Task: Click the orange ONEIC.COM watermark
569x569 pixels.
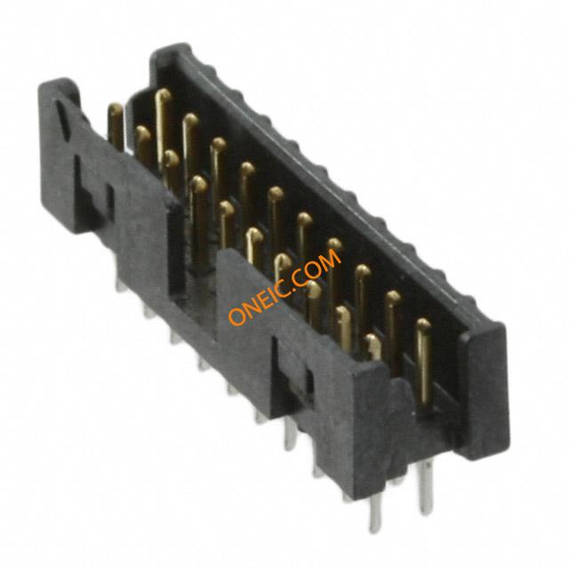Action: pos(284,287)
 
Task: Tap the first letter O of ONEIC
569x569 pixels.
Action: pos(237,317)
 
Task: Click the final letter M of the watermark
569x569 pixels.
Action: pos(330,260)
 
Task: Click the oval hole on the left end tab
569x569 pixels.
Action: pos(62,120)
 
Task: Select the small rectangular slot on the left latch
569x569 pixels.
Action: pos(110,203)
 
